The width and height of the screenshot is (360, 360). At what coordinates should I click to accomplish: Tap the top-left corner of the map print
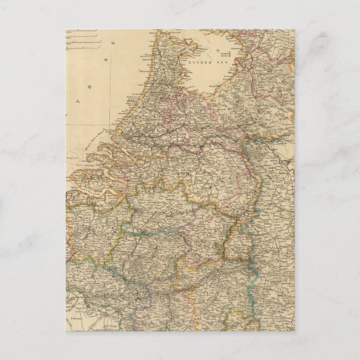coord(67,30)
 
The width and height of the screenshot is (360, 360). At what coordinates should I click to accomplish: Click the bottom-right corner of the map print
coord(293,330)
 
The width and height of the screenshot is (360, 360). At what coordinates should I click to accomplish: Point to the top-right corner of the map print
coord(293,30)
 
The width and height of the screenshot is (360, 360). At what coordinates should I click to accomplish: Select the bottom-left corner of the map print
coord(67,330)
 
